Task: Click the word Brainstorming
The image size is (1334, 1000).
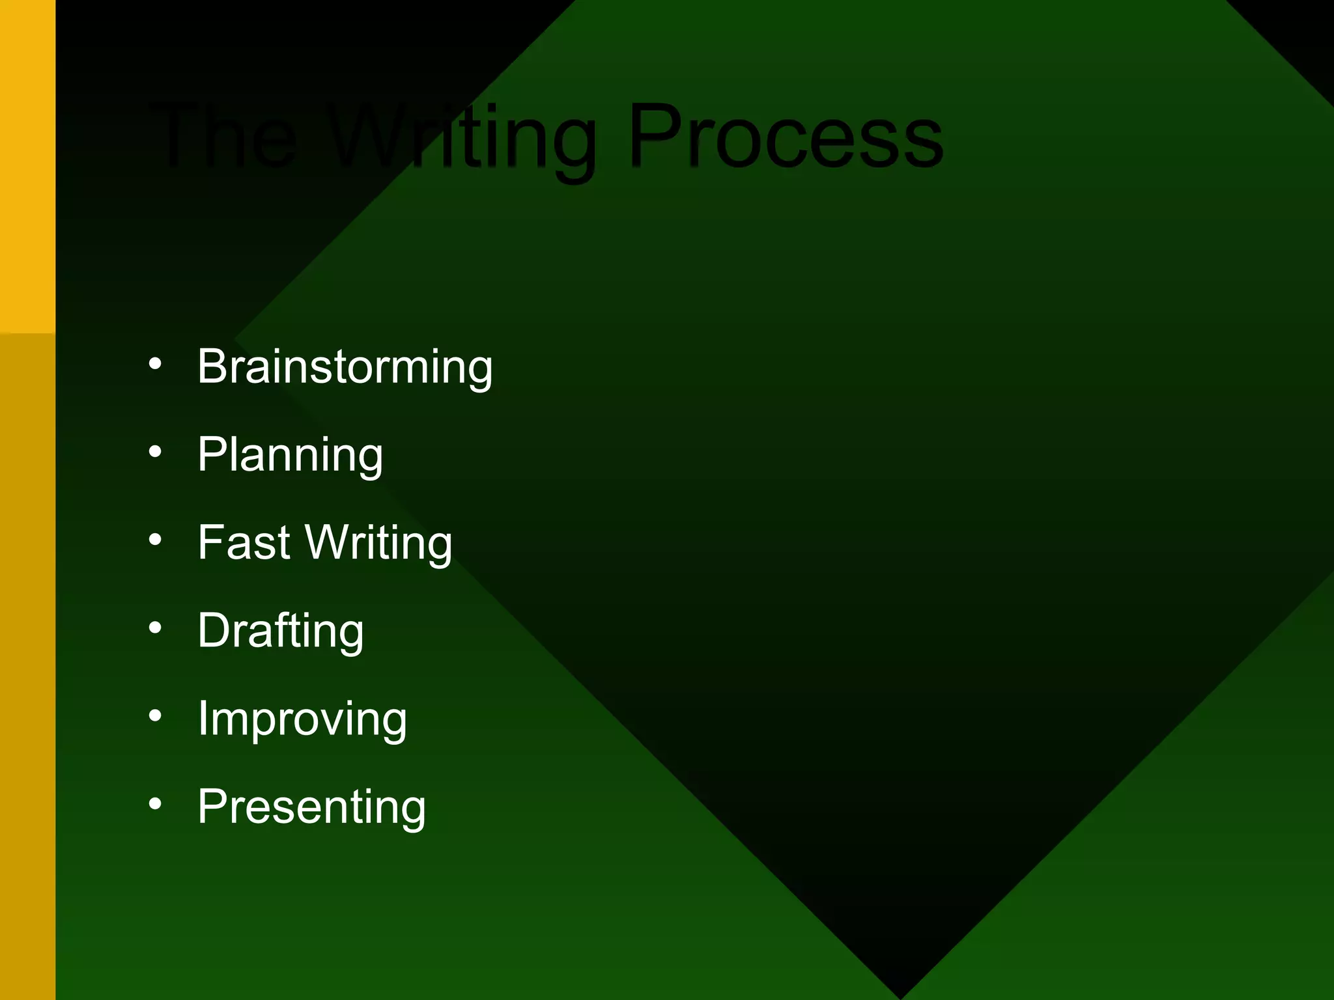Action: (x=345, y=367)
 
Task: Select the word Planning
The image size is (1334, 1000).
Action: (x=291, y=455)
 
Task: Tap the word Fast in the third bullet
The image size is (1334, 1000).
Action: (x=244, y=542)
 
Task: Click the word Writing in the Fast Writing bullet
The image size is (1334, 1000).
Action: (x=379, y=544)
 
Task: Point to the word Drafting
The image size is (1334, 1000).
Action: (x=281, y=631)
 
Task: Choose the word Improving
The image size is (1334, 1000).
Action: (x=302, y=719)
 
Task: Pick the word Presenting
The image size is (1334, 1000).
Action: (x=312, y=807)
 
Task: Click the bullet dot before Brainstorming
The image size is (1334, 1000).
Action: (x=155, y=363)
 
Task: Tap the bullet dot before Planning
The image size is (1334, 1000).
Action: (x=155, y=451)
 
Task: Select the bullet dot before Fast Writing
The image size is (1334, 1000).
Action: (x=155, y=540)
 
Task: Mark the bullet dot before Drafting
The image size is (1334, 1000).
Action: (x=155, y=628)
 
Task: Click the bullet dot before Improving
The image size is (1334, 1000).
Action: (x=155, y=716)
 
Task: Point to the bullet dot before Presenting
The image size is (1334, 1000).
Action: (x=155, y=804)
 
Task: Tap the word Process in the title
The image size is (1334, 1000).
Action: (x=786, y=137)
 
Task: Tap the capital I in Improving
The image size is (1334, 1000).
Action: (x=203, y=719)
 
